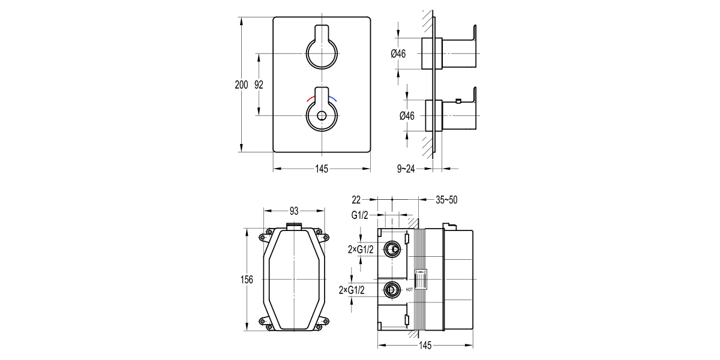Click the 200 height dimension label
point(241,85)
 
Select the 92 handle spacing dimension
point(259,85)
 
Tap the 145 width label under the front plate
point(322,169)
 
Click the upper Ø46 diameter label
point(398,54)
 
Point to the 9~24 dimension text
point(406,169)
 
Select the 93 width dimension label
point(295,211)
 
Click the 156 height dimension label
point(247,280)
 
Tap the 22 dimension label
point(356,199)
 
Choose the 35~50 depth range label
point(446,199)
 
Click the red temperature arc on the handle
point(311,98)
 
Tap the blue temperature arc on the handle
point(334,98)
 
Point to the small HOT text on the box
point(410,290)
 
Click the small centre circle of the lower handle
point(322,116)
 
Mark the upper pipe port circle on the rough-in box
point(392,249)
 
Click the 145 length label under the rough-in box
point(425,346)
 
